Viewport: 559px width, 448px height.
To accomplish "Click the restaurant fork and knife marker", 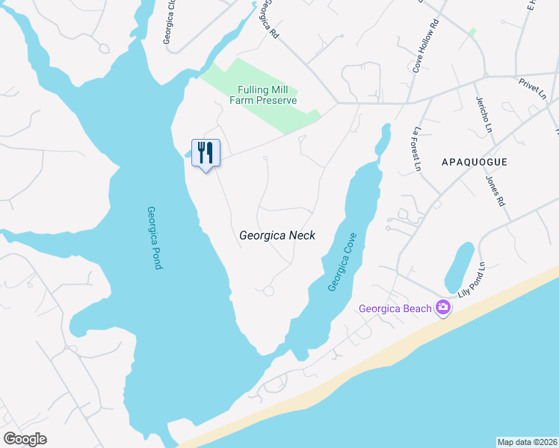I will coord(206,153).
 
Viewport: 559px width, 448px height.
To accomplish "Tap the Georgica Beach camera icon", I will coord(443,308).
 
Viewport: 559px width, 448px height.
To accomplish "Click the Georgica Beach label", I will coord(395,308).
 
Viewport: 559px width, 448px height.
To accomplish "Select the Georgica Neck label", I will coord(277,235).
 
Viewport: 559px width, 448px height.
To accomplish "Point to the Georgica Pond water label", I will coord(155,237).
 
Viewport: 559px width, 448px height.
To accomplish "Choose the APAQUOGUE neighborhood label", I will coord(475,162).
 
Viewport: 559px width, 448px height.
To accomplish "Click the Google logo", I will coord(25,439).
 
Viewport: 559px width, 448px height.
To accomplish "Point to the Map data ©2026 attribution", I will coord(527,441).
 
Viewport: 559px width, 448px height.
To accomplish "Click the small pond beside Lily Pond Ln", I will coord(459,267).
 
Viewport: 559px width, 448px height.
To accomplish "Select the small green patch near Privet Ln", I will coord(472,33).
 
